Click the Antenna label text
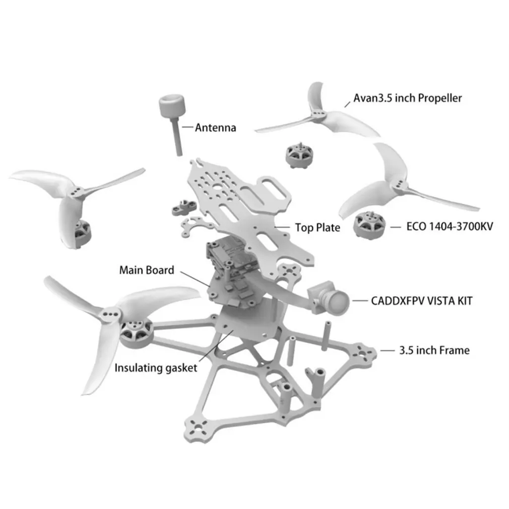(x=215, y=128)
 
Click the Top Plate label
(x=317, y=228)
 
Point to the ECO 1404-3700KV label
(x=450, y=226)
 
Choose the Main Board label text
(x=147, y=270)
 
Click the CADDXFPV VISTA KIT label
(x=422, y=301)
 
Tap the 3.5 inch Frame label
(x=434, y=350)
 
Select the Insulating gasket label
(x=156, y=368)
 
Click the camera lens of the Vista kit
(x=341, y=301)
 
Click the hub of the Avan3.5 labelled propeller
(x=317, y=115)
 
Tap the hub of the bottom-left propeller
(x=109, y=316)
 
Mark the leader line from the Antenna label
(x=187, y=128)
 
